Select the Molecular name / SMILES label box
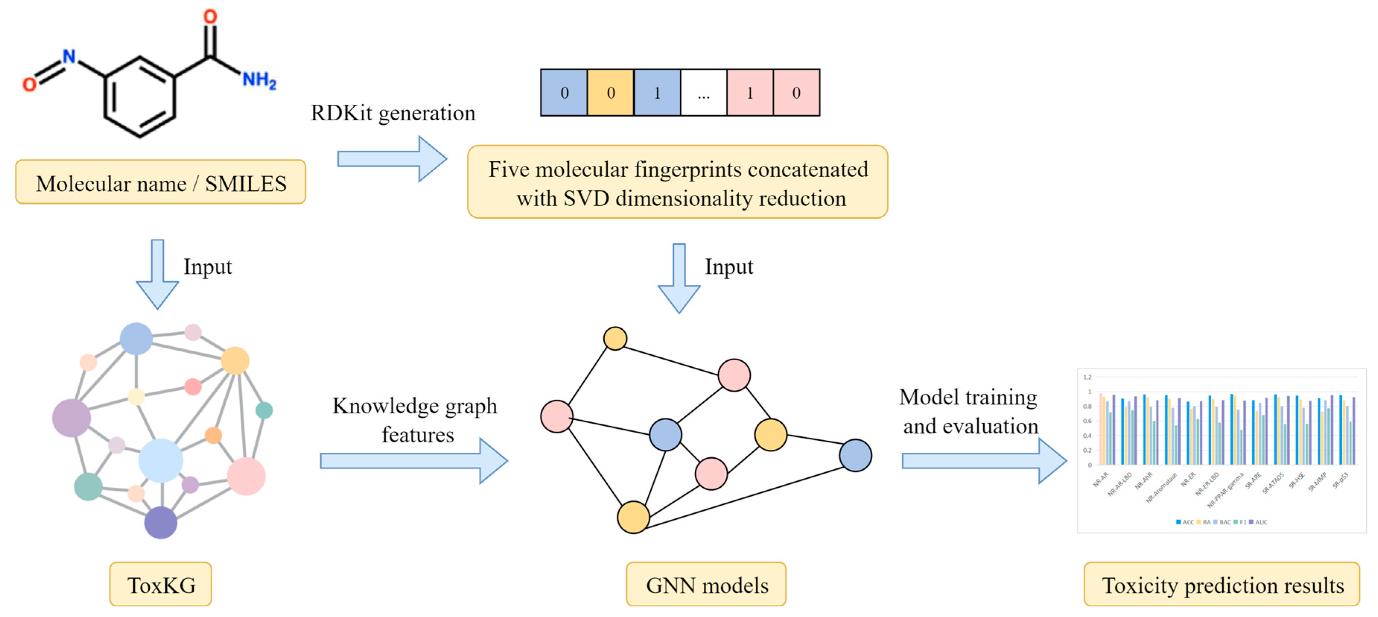click(160, 183)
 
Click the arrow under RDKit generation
click(392, 159)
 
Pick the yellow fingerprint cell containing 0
click(610, 92)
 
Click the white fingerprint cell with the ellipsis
click(703, 92)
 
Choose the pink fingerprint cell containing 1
click(750, 92)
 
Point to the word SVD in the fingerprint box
click(586, 199)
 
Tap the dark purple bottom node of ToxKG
click(160, 522)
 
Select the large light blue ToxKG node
click(160, 460)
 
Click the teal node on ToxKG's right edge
click(264, 411)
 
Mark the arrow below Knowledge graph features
click(414, 461)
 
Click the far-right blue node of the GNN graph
click(855, 455)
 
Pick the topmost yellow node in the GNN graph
click(615, 338)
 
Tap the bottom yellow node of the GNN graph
click(633, 517)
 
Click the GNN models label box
click(706, 585)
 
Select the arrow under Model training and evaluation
click(983, 461)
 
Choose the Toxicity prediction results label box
click(1222, 585)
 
